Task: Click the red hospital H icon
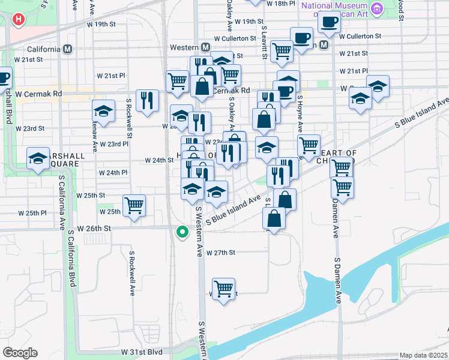[x=19, y=19]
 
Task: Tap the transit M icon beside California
[x=68, y=49]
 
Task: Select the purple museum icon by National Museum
[x=377, y=8]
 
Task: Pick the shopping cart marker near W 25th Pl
[x=134, y=205]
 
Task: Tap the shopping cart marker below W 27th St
[x=224, y=289]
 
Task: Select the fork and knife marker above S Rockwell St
[x=147, y=100]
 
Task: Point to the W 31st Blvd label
[x=142, y=352]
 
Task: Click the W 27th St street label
[x=221, y=253]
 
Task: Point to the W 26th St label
[x=95, y=229]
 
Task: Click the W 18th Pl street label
[x=280, y=3]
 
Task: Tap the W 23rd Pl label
[x=114, y=144]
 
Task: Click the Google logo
[x=20, y=353]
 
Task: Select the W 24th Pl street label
[x=113, y=173]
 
